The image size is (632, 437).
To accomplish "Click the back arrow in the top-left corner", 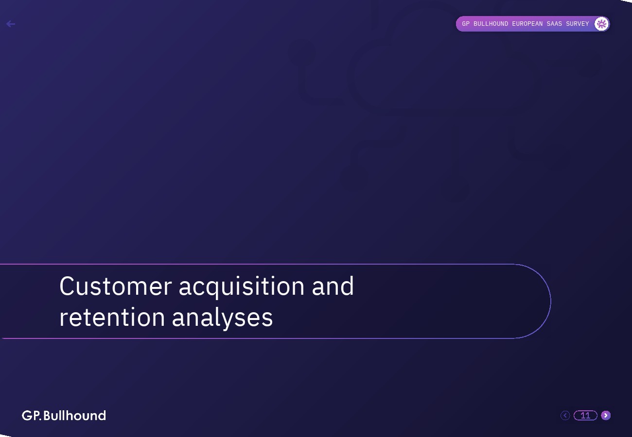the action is click(x=11, y=24).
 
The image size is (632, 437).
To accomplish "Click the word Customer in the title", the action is click(x=115, y=286).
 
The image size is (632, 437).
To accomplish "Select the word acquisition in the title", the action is click(x=242, y=287).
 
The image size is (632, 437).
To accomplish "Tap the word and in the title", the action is click(x=333, y=286).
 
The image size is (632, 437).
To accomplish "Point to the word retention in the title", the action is click(x=112, y=318).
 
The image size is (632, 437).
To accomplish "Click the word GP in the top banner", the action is click(x=466, y=24).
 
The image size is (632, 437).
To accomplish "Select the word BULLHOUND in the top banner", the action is click(x=491, y=24).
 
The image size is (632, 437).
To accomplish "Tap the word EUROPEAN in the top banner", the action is click(x=527, y=24).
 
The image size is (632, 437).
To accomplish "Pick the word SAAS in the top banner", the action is click(x=554, y=24).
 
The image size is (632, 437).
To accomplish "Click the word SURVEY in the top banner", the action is click(x=577, y=24).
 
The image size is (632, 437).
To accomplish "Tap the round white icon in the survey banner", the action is click(x=601, y=24).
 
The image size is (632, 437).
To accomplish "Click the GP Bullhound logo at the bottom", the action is click(x=64, y=416).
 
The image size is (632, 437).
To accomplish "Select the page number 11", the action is click(x=585, y=415).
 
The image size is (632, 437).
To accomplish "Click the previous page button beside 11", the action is click(x=565, y=415).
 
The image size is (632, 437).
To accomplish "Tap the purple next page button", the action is click(x=606, y=415).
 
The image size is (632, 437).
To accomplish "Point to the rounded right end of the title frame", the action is click(x=550, y=301).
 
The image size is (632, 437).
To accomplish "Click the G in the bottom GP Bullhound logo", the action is click(x=27, y=416).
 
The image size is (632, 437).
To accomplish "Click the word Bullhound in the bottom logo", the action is click(x=75, y=416).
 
